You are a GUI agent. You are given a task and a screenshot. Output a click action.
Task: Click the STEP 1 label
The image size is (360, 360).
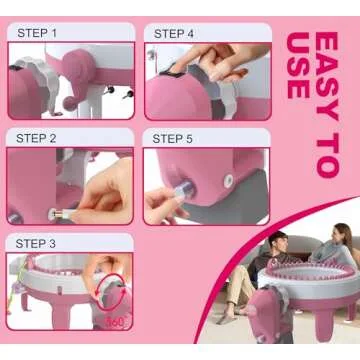(37, 33)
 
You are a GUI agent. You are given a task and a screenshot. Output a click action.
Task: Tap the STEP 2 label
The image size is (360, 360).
(36, 138)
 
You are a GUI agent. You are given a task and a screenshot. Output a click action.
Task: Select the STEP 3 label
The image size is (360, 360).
(36, 244)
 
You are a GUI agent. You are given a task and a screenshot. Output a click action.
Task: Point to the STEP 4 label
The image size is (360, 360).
(174, 34)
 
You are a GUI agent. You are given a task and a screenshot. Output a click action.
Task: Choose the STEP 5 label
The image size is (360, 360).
(172, 139)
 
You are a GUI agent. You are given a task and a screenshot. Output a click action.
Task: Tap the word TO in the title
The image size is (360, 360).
(327, 155)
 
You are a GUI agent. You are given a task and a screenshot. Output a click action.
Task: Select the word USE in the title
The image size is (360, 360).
(298, 65)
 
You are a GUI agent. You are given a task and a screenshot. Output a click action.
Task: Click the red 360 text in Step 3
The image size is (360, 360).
(115, 322)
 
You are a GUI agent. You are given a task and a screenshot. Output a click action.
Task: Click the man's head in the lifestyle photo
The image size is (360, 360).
(278, 242)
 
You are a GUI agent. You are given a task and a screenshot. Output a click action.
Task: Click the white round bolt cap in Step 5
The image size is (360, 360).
(228, 180)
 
